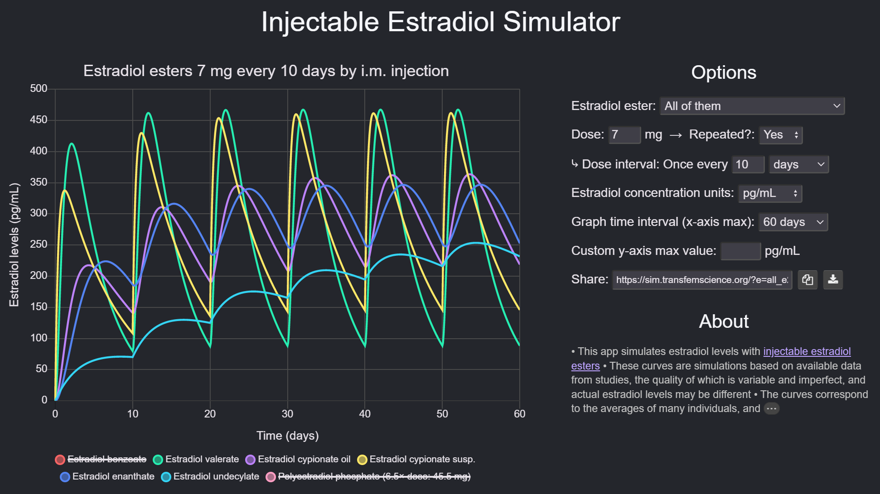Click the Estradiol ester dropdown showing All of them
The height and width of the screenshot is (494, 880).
click(752, 106)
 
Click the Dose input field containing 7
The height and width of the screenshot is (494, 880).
click(624, 135)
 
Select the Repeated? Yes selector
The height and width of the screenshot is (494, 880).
click(780, 135)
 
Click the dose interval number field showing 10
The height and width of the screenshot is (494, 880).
click(748, 164)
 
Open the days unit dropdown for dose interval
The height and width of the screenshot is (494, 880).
click(798, 164)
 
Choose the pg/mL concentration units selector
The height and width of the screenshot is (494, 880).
click(769, 193)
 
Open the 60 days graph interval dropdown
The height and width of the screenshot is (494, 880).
click(793, 222)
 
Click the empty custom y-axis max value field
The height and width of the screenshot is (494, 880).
click(740, 251)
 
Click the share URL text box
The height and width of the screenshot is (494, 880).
click(701, 280)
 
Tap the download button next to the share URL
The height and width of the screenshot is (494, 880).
click(832, 279)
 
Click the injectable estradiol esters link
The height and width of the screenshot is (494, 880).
click(807, 351)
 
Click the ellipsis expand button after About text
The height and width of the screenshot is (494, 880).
click(771, 408)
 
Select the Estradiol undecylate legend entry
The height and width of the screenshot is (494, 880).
click(211, 476)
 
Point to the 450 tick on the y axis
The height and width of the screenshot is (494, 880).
click(39, 120)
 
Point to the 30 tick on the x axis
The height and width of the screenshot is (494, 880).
click(287, 414)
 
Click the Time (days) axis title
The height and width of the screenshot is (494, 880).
click(287, 436)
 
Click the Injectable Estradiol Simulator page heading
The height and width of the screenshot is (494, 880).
click(440, 22)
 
